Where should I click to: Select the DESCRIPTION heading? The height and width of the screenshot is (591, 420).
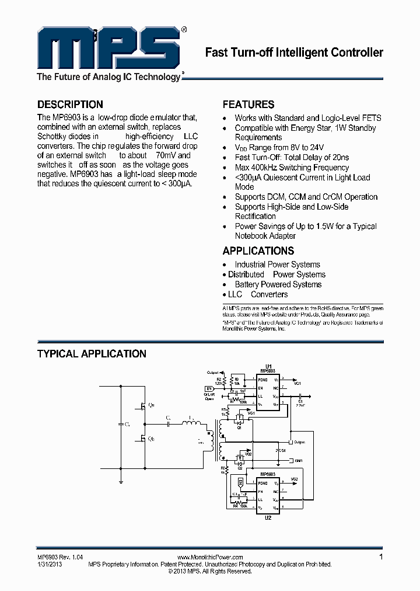click(70, 105)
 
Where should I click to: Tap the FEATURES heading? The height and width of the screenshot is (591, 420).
click(249, 105)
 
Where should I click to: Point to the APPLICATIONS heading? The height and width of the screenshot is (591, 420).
click(258, 251)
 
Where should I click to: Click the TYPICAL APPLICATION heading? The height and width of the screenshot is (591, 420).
click(92, 354)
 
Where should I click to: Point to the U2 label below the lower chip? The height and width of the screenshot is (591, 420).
click(268, 518)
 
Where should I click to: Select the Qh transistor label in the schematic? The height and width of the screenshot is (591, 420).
click(152, 405)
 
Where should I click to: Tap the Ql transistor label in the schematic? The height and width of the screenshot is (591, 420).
click(152, 439)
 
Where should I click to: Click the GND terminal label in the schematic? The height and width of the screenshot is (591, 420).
click(299, 461)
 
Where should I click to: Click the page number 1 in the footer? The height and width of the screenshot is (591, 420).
click(381, 557)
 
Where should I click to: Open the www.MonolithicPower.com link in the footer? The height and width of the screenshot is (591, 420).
click(209, 558)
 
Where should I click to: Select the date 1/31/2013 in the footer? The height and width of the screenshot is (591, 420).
click(50, 565)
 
